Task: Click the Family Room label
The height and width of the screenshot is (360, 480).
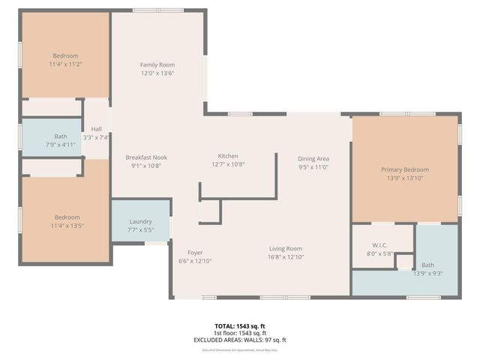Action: point(157,64)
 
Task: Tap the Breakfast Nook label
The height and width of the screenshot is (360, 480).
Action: point(146,156)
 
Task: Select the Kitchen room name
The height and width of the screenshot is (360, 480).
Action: point(228,156)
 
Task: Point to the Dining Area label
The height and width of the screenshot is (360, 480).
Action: point(313,159)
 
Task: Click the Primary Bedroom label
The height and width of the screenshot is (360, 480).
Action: point(405,169)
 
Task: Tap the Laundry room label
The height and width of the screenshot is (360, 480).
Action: point(141,221)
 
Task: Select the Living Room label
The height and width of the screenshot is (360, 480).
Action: point(286,248)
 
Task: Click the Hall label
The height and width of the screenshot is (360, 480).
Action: point(97,129)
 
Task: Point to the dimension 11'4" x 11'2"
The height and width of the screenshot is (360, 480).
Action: point(65,64)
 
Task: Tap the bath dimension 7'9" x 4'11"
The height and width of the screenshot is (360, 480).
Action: point(61,144)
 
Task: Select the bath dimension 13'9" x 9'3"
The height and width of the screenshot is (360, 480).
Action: point(427,273)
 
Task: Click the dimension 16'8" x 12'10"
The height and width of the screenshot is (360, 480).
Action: point(286,256)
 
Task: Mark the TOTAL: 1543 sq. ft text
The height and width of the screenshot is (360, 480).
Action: point(240,326)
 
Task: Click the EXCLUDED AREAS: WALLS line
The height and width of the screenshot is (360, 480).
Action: point(240,340)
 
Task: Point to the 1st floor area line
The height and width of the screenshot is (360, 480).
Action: point(240,333)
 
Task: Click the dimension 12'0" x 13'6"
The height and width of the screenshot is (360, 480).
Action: point(157,73)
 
